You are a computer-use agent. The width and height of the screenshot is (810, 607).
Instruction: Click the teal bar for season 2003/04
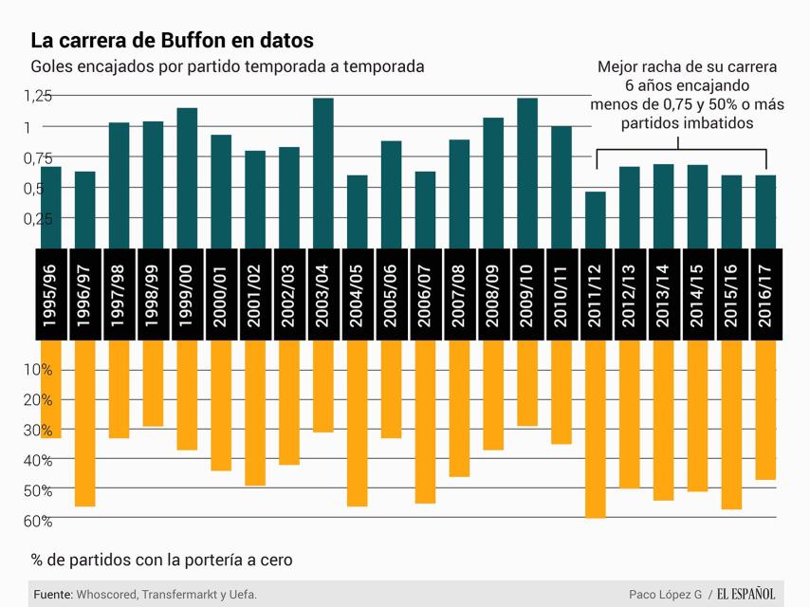click(x=323, y=174)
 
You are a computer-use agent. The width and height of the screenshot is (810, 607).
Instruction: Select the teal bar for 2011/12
click(x=596, y=220)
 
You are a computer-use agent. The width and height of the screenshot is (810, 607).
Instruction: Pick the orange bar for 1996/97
click(x=85, y=423)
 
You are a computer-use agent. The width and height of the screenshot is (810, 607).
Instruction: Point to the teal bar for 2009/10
click(x=527, y=174)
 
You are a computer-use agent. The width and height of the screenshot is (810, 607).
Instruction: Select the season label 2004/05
click(x=358, y=294)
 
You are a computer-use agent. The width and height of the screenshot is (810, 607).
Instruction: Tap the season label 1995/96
click(x=51, y=294)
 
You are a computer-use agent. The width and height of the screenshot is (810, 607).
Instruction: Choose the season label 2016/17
click(x=765, y=294)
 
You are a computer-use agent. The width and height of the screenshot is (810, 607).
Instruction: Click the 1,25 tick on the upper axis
click(x=38, y=96)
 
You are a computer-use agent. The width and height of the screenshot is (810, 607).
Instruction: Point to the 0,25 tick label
click(x=38, y=218)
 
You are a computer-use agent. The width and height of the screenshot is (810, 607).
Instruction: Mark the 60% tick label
click(x=38, y=521)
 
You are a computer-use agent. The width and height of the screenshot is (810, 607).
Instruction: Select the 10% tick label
click(x=38, y=369)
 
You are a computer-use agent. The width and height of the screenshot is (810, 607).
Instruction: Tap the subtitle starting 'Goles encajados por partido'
click(x=227, y=66)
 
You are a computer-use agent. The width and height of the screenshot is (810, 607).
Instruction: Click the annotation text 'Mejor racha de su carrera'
click(x=687, y=67)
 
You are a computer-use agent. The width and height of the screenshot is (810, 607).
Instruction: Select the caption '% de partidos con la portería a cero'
click(x=161, y=560)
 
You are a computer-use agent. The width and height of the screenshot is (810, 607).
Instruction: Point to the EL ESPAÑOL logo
click(x=746, y=595)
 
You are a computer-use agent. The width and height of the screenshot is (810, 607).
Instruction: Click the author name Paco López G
click(x=665, y=595)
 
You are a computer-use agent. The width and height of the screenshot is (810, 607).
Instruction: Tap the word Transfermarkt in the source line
click(x=182, y=595)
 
